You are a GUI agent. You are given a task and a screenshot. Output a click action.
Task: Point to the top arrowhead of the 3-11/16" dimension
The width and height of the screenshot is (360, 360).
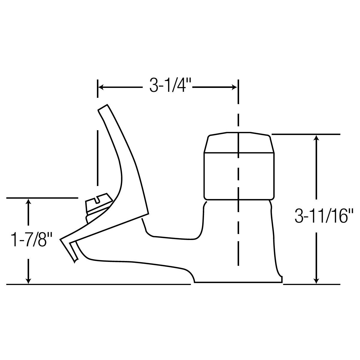(316, 138)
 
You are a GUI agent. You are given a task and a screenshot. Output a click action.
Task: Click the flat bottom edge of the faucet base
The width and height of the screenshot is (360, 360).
(238, 282)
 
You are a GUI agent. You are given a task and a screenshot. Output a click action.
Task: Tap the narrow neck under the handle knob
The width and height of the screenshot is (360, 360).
(238, 210)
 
